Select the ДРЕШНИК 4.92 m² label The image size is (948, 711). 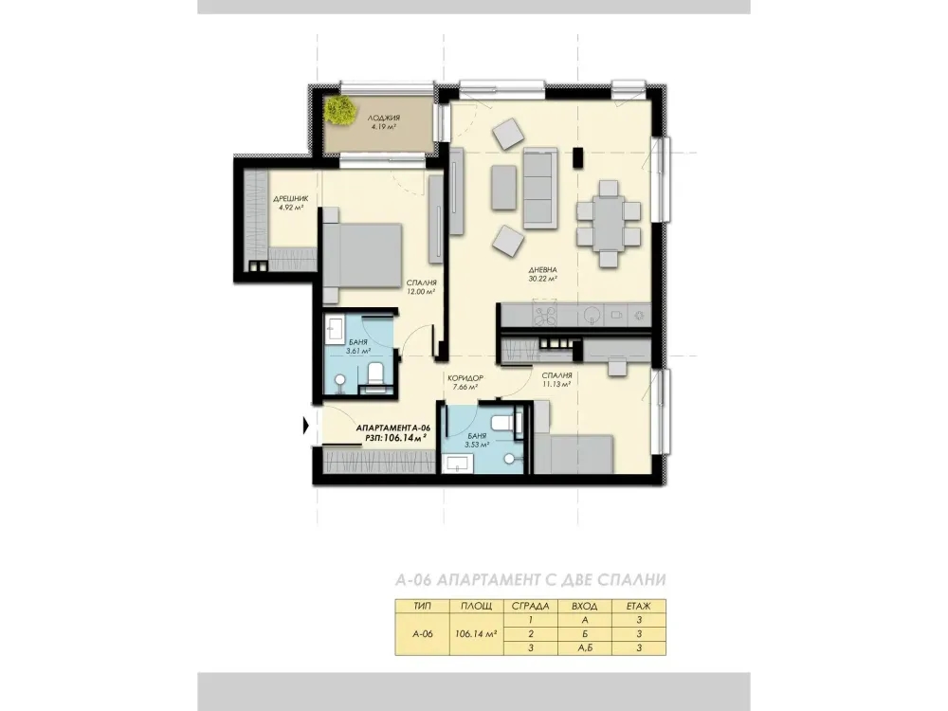pos(291,203)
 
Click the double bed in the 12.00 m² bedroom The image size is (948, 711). pos(362,254)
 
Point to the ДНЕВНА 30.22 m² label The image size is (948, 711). pos(542,275)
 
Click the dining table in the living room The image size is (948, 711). pos(609,224)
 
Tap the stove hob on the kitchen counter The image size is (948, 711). pos(546,314)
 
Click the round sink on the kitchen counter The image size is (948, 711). pos(592,314)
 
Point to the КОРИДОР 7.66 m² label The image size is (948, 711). pos(465,382)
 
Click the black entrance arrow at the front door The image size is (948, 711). pos(306,427)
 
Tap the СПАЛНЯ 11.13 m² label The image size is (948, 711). pos(556,379)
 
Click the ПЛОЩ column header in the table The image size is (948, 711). pos(477,606)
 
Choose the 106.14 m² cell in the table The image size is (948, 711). pos(477,634)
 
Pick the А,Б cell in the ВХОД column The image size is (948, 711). pos(585,648)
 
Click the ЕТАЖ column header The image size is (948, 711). pos(638,606)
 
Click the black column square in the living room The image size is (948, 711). pos(578,157)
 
